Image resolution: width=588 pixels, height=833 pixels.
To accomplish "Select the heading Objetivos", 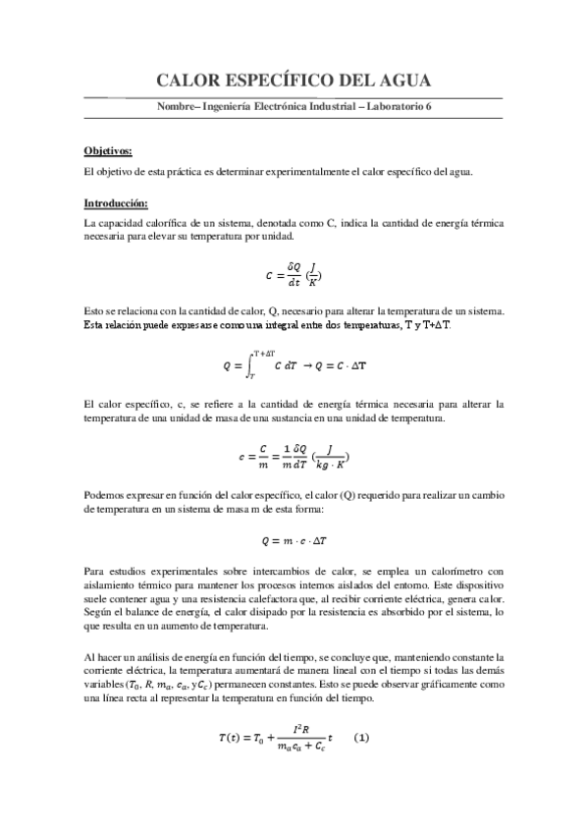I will [108, 151].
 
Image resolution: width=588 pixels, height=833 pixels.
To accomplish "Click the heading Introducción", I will [116, 203].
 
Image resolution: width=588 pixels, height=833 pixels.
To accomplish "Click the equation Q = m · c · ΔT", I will [294, 539].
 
